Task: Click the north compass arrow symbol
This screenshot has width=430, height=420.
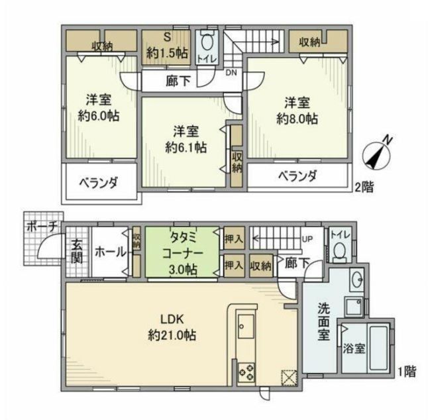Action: pos(379,154)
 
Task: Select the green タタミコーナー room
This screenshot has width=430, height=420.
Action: pos(181,252)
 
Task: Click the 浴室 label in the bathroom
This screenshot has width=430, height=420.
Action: pos(351,350)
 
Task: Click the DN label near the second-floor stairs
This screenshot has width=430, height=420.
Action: pos(231,73)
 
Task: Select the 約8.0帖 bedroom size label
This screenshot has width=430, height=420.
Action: pos(297,119)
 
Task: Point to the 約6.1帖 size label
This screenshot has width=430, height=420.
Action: pos(186,146)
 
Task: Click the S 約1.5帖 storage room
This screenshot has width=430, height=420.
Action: pos(168,46)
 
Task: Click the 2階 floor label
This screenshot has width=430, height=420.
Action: pos(363,187)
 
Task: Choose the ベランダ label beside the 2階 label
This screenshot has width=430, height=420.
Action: pos(296,176)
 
